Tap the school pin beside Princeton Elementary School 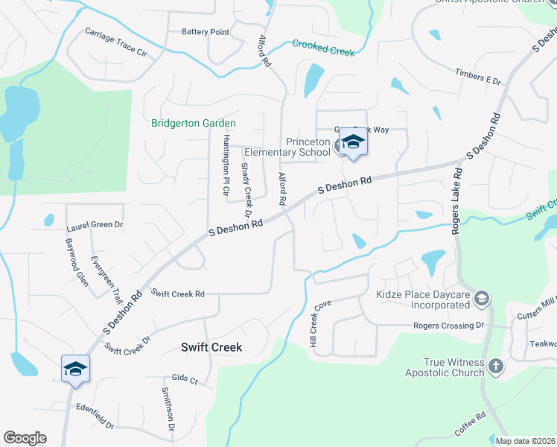[353, 144]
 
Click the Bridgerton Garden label [193, 123]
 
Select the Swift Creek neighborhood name [211, 347]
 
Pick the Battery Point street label [206, 32]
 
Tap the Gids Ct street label [184, 380]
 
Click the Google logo [25, 438]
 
